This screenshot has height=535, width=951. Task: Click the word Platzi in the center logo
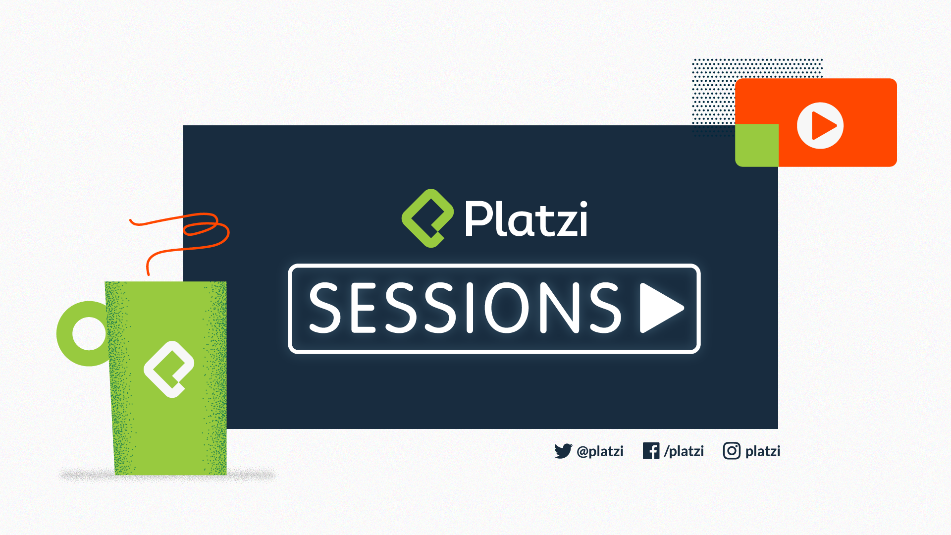tap(526, 218)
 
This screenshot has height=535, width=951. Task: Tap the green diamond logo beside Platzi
tap(427, 218)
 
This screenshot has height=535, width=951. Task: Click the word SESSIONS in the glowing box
tap(465, 308)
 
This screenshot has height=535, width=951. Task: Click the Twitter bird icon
tap(563, 451)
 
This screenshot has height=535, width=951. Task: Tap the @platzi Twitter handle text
tap(600, 451)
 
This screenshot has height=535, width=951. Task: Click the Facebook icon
tap(651, 451)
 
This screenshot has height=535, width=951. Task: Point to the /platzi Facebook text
tap(684, 451)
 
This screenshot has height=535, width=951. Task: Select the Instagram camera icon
tap(732, 451)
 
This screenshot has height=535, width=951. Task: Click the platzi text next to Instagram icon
tap(763, 451)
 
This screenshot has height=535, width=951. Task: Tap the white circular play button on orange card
tap(820, 125)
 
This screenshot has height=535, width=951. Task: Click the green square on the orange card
tap(757, 145)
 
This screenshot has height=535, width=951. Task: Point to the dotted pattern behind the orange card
tap(713, 94)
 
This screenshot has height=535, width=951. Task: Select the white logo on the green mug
tap(169, 369)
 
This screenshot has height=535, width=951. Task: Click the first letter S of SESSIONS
tap(325, 308)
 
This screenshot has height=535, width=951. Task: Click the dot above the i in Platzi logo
tap(582, 205)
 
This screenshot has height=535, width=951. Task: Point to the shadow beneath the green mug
tap(168, 476)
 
